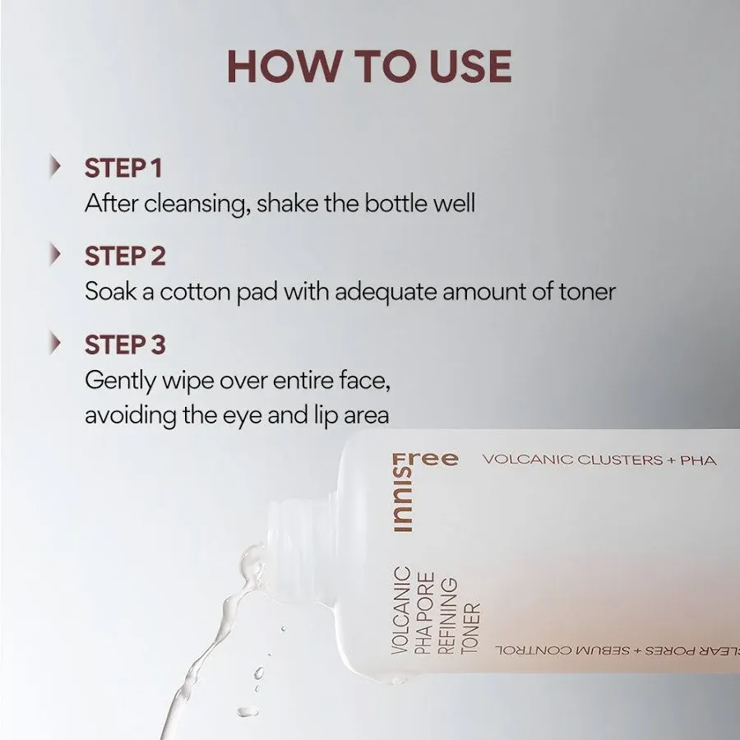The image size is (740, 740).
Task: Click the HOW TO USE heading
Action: pyautogui.click(x=369, y=67)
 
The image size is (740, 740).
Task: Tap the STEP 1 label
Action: pyautogui.click(x=123, y=168)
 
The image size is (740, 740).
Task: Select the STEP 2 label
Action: pyautogui.click(x=125, y=256)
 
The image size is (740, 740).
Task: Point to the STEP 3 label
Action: pyautogui.click(x=125, y=344)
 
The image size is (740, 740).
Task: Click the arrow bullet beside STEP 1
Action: pyautogui.click(x=56, y=167)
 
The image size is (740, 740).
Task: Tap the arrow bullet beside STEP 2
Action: pyautogui.click(x=56, y=255)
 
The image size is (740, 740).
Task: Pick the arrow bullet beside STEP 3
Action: pyautogui.click(x=56, y=343)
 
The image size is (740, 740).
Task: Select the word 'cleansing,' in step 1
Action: pyautogui.click(x=197, y=204)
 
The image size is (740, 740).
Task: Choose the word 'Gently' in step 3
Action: pyautogui.click(x=119, y=381)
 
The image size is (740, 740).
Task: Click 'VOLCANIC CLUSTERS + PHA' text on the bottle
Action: pyautogui.click(x=599, y=460)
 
